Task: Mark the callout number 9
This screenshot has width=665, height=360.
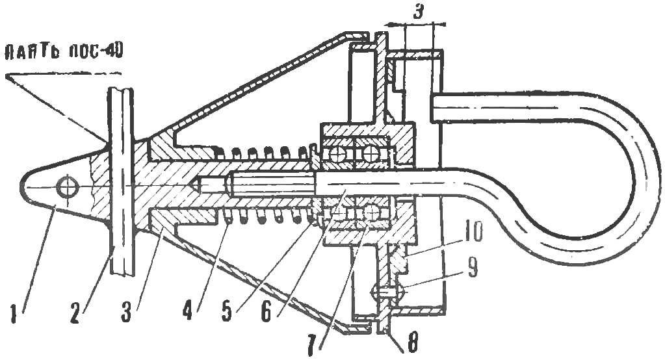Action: [x=471, y=268]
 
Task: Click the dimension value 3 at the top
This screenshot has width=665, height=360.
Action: [x=418, y=12]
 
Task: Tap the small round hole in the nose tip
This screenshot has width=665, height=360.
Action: [x=67, y=187]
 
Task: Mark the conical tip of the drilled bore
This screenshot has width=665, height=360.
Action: [x=196, y=186]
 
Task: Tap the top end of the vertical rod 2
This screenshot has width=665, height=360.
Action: [x=121, y=89]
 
